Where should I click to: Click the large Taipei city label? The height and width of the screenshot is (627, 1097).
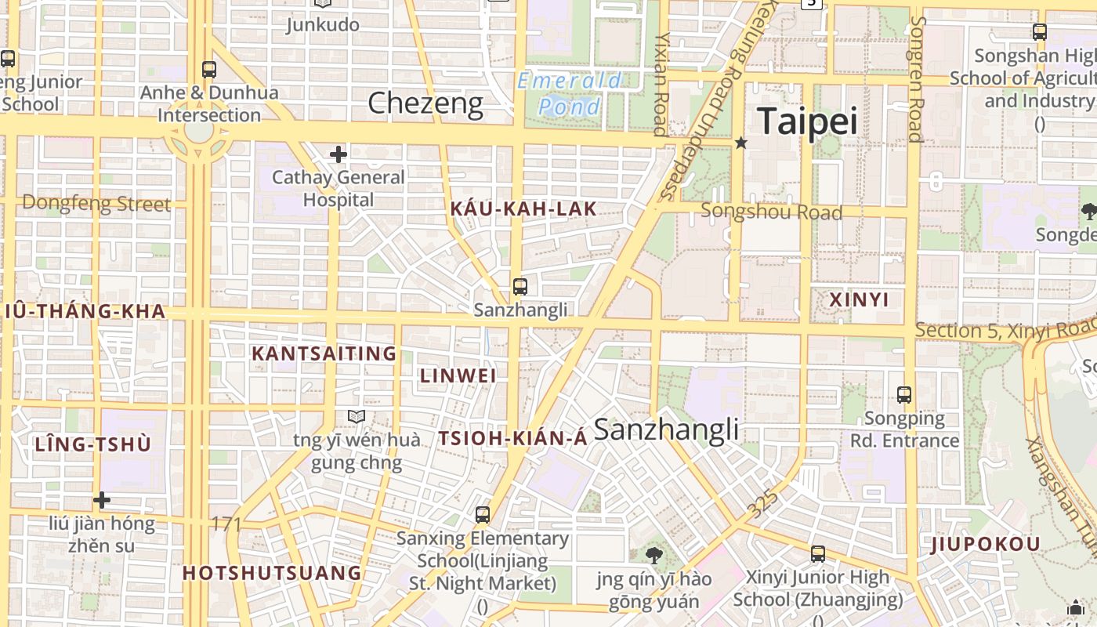coord(807,121)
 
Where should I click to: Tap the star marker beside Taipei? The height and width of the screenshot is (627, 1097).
coord(741,143)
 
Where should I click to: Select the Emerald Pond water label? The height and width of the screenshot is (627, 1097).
coord(570,93)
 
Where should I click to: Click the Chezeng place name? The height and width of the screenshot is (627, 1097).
coord(425,103)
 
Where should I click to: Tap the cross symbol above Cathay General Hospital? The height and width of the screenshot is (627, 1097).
coord(339,154)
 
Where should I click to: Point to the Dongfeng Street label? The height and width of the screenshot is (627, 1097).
coord(96,204)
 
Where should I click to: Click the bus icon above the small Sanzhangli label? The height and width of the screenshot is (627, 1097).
coord(520,287)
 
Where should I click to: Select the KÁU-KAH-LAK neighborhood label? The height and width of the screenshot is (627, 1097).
coord(523,208)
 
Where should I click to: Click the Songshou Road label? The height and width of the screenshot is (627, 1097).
coord(772,212)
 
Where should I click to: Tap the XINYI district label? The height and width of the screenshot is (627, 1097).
coord(860,299)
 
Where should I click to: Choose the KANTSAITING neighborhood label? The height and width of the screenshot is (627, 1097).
coord(324,353)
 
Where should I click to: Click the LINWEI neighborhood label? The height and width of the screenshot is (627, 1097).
coord(458,375)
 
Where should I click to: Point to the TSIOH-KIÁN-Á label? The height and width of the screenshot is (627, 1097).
coord(512,438)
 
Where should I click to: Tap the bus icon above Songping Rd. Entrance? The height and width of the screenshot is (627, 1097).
coord(904,395)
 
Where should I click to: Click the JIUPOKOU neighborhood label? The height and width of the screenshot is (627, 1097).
coord(986,545)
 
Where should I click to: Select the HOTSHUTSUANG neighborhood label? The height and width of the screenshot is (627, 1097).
coord(272,573)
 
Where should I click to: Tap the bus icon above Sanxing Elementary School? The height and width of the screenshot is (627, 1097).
coord(483,515)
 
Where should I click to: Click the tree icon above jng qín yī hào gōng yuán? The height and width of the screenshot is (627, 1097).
coord(653,556)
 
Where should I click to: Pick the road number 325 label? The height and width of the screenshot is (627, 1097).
coord(763,502)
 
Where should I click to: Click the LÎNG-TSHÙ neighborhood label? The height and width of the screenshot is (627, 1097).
coord(92,444)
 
